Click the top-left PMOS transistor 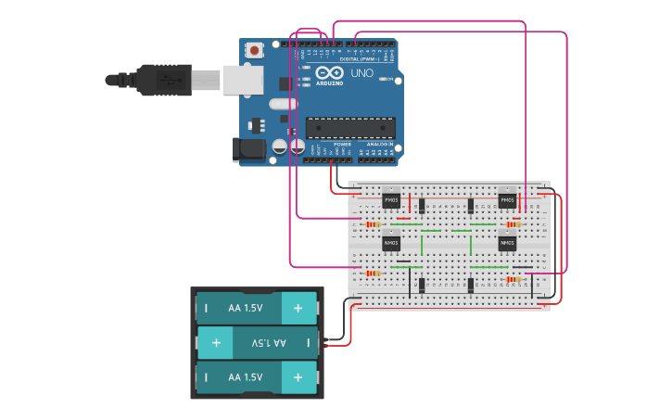[x=391, y=199]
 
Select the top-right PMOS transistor [x=507, y=199]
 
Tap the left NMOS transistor [x=391, y=243]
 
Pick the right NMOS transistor [x=507, y=243]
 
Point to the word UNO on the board [x=361, y=72]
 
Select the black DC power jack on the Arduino [x=243, y=147]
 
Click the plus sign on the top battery [x=298, y=308]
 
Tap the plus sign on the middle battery [x=216, y=343]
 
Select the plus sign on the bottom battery [x=298, y=378]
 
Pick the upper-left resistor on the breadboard [x=374, y=224]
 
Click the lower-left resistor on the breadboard [x=374, y=274]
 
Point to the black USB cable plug [x=162, y=80]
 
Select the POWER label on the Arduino [x=342, y=145]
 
